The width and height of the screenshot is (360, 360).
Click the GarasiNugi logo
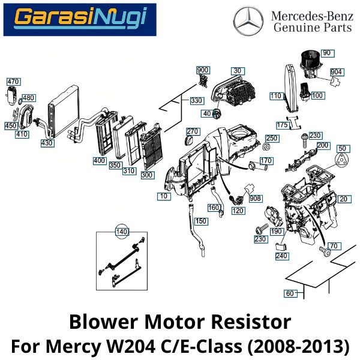coord(80,19)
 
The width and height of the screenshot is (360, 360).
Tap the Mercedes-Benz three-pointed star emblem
coord(248,22)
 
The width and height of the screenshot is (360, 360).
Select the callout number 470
coord(13,81)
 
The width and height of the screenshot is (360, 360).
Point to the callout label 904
coord(336,72)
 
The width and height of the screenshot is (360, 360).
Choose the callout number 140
coord(122,231)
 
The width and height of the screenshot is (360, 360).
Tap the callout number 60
coord(290,293)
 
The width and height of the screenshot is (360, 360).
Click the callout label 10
coord(163,196)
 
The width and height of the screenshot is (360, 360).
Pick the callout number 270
coord(192,131)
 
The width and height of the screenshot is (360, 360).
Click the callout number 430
coord(47,143)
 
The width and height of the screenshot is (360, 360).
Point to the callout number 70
coord(334,245)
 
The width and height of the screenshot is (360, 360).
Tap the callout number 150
coord(200,221)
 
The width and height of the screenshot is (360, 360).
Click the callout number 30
coord(237,71)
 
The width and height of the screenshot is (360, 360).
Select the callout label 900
coord(203,71)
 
